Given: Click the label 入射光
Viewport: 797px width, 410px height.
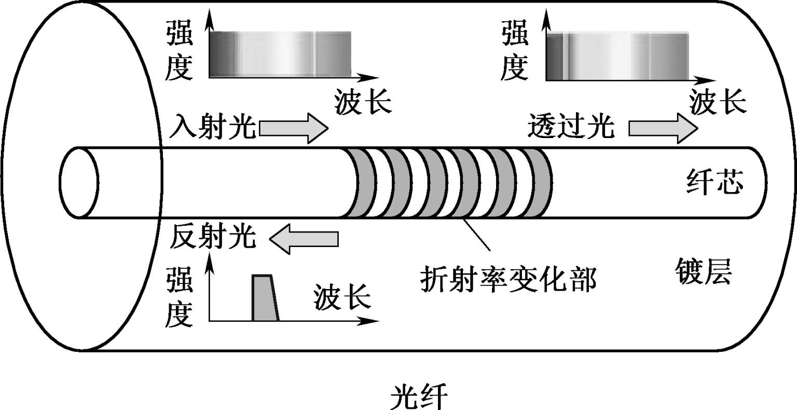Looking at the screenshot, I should (x=213, y=126).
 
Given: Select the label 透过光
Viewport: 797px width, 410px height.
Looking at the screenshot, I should (x=571, y=126).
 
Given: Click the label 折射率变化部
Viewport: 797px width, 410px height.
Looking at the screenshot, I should (x=509, y=279).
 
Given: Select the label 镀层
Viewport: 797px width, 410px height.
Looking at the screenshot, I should (x=703, y=271).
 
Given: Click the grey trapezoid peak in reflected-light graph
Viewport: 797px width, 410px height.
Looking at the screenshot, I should (x=265, y=298).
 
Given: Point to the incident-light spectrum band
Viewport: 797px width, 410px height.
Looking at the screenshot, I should (x=280, y=54).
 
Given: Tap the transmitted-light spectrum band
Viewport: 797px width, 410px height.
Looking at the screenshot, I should (x=617, y=56).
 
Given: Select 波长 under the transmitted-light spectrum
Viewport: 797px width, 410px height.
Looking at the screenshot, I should (x=718, y=102).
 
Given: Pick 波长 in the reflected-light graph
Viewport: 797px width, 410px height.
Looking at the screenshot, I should (x=342, y=297).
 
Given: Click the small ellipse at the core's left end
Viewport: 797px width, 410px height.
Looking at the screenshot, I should (x=79, y=183).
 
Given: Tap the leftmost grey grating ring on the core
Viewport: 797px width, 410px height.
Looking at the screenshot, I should (x=360, y=183).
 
